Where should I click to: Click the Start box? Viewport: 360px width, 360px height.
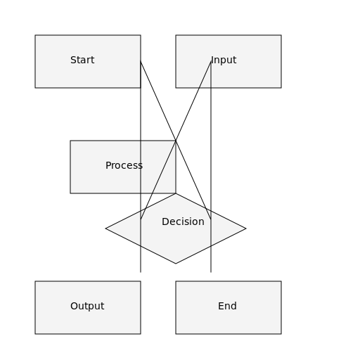click(x=88, y=61)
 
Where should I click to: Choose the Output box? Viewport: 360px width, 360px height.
click(x=88, y=307)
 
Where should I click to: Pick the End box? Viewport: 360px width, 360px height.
click(x=229, y=307)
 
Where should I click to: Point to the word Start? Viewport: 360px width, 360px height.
click(x=82, y=60)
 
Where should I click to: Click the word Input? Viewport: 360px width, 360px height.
click(x=224, y=60)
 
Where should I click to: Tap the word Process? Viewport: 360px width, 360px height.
click(x=124, y=166)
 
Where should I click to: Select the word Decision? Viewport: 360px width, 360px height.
click(x=183, y=222)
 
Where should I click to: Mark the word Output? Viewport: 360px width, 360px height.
click(x=87, y=307)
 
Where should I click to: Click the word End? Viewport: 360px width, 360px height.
click(x=227, y=307)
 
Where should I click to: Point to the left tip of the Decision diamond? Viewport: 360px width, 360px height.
click(x=107, y=229)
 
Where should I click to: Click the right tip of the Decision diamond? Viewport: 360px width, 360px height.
click(x=245, y=229)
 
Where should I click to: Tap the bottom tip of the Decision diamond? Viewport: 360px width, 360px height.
click(x=176, y=263)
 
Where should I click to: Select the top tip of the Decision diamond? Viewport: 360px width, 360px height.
click(x=176, y=194)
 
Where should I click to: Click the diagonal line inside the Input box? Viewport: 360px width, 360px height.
click(x=205, y=75)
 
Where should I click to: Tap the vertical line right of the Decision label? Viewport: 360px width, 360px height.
click(x=211, y=232)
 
